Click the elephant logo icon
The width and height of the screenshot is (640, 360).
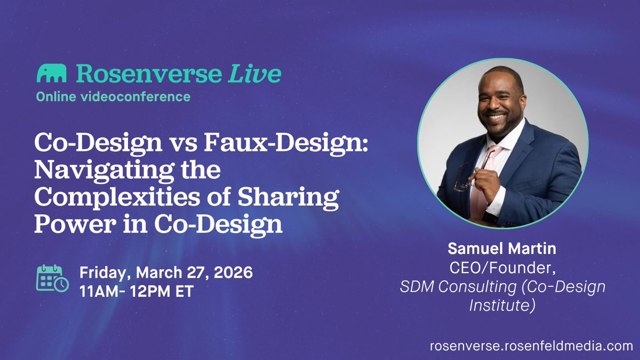pyautogui.click(x=51, y=74)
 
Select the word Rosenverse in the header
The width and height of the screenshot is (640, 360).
pyautogui.click(x=147, y=74)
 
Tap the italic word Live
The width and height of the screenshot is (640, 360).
pyautogui.click(x=254, y=74)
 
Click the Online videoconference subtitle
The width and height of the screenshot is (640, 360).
pyautogui.click(x=113, y=97)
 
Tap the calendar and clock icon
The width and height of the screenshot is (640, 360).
pyautogui.click(x=52, y=278)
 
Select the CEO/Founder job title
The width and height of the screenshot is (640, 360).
pyautogui.click(x=502, y=271)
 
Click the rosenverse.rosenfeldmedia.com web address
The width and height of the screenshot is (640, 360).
pyautogui.click(x=531, y=346)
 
